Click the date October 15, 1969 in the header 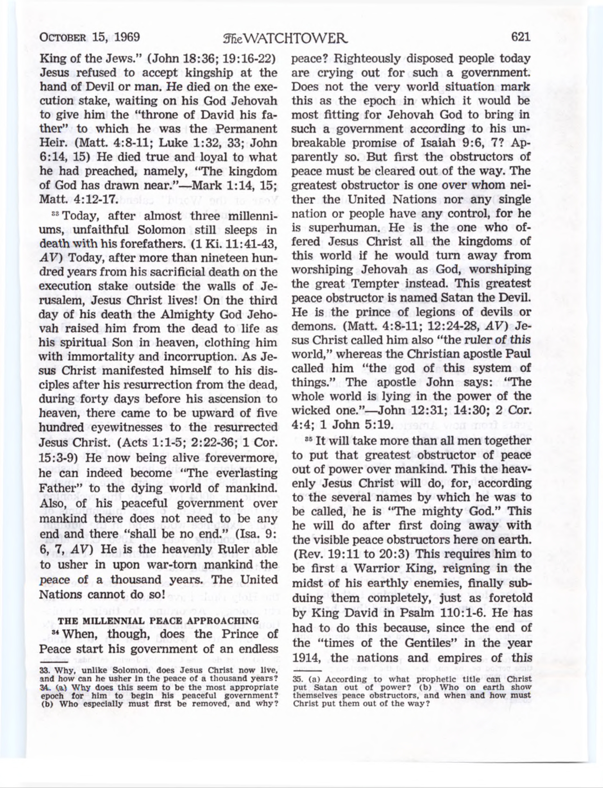[x=90, y=38]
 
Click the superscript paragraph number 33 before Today [x=56, y=214]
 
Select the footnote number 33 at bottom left [x=45, y=670]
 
